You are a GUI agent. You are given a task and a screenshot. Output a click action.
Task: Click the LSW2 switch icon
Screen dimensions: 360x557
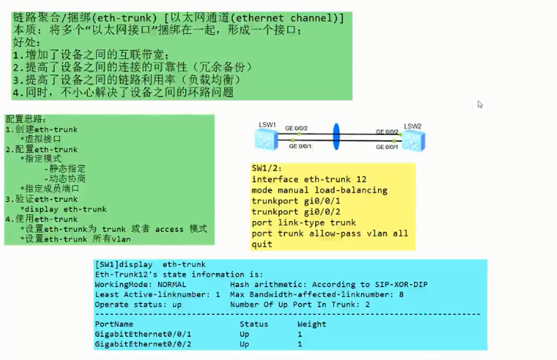point(413,140)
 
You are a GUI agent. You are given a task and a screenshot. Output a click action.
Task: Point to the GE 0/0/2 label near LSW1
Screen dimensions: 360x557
point(297,128)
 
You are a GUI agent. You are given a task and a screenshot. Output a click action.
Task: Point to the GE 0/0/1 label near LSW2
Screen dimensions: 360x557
point(386,146)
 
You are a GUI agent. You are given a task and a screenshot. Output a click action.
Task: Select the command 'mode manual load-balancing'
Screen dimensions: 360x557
point(320,190)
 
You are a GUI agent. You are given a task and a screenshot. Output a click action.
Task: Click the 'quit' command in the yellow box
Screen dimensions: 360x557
point(262,244)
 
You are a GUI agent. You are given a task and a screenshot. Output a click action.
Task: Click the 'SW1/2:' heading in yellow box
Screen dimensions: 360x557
point(267,168)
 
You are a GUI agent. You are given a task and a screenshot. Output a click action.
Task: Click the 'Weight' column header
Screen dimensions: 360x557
point(311,324)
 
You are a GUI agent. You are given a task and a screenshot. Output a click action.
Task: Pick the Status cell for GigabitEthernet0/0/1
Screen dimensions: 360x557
point(244,335)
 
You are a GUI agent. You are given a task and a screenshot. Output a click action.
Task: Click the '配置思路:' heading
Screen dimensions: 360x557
point(26,119)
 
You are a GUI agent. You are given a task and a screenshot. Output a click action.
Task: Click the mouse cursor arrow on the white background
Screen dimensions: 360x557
point(480,105)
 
